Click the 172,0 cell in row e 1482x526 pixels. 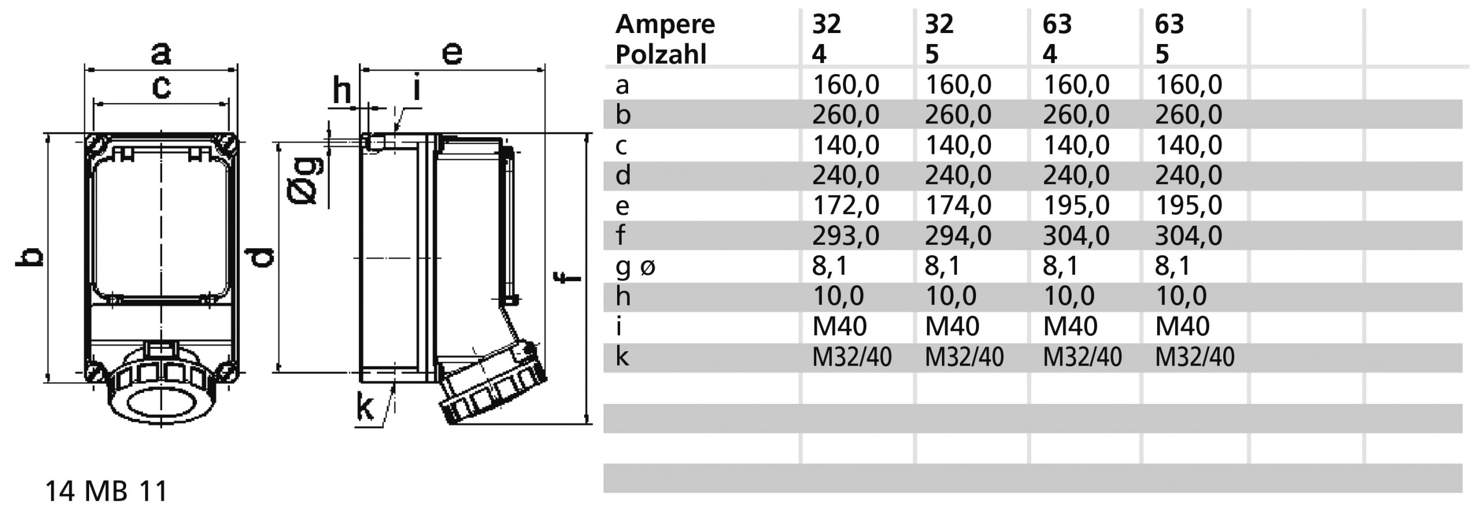(845, 205)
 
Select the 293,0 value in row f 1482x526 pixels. (845, 236)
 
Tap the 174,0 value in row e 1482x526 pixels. (958, 205)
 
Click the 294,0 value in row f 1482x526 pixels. (958, 236)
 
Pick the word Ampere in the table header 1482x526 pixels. (665, 24)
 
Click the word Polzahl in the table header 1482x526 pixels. (661, 54)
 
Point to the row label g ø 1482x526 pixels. (635, 266)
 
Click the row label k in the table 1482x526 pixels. (622, 356)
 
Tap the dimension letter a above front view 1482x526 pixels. (161, 53)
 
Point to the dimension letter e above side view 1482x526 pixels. (452, 53)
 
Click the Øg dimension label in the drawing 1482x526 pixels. (305, 181)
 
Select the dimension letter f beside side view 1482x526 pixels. (571, 278)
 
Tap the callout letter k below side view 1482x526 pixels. (364, 408)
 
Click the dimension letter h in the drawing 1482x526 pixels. (342, 91)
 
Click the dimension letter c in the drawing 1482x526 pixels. (161, 87)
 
